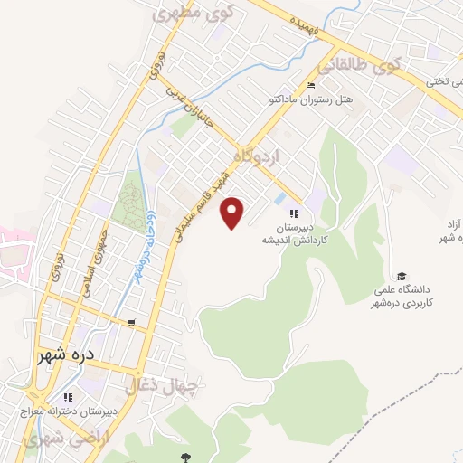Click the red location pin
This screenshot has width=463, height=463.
point(233,213)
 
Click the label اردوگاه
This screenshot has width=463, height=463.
point(258,157)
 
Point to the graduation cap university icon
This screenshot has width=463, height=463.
point(402,276)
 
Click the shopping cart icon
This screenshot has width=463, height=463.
point(132,323)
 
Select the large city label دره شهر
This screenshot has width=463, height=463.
point(66,355)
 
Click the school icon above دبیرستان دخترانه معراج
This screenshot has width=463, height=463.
point(67,397)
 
